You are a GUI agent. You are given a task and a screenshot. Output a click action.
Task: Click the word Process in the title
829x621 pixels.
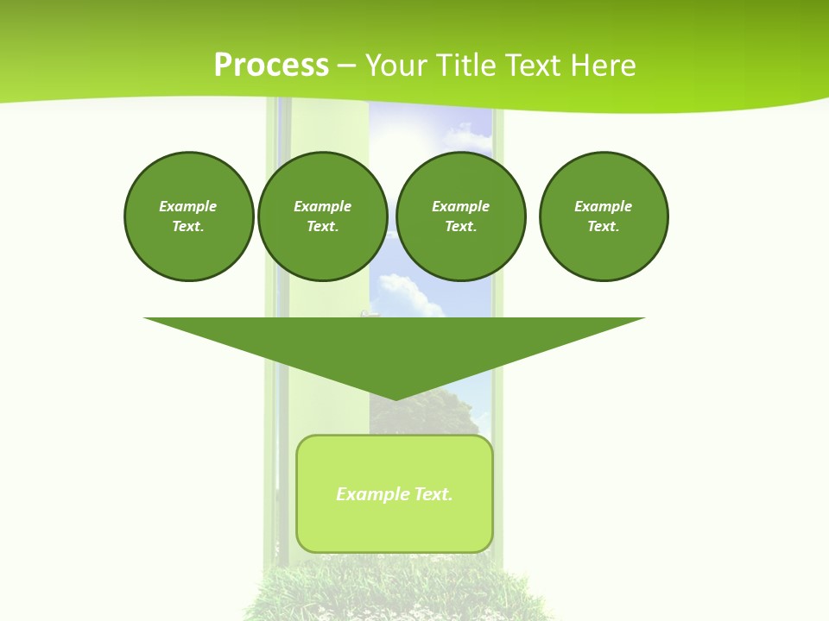click(x=271, y=66)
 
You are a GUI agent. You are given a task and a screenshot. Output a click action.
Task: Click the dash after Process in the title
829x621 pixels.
click(x=346, y=66)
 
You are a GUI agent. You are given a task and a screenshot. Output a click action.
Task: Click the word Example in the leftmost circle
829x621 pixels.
click(x=188, y=206)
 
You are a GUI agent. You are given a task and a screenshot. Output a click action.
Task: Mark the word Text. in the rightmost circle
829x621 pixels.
click(x=603, y=226)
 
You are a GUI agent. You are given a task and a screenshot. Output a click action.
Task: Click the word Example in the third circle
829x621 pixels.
click(x=460, y=206)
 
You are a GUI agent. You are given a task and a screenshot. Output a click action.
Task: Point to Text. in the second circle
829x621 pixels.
click(x=322, y=226)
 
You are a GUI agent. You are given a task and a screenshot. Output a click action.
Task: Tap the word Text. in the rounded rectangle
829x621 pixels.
click(x=433, y=494)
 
